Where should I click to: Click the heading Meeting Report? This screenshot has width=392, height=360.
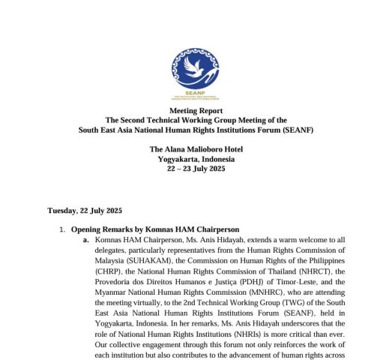click(196, 110)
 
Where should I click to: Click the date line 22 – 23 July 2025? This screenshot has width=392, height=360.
click(196, 168)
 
